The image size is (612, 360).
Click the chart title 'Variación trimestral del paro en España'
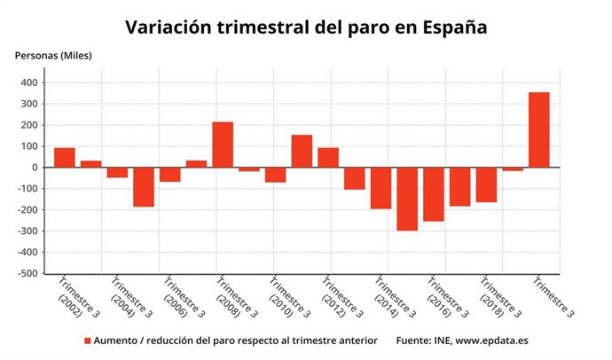click(306, 26)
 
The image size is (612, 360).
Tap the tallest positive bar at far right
click(538, 129)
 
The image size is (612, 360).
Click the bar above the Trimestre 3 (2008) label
click(223, 145)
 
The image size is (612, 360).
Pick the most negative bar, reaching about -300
click(407, 199)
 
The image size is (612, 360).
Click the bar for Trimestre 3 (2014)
click(381, 188)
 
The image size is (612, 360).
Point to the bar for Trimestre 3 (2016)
click(434, 194)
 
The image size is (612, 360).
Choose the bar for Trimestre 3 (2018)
click(486, 185)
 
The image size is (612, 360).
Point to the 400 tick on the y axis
click(29, 83)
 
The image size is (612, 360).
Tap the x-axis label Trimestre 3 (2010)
click(284, 301)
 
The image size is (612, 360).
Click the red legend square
click(88, 340)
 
